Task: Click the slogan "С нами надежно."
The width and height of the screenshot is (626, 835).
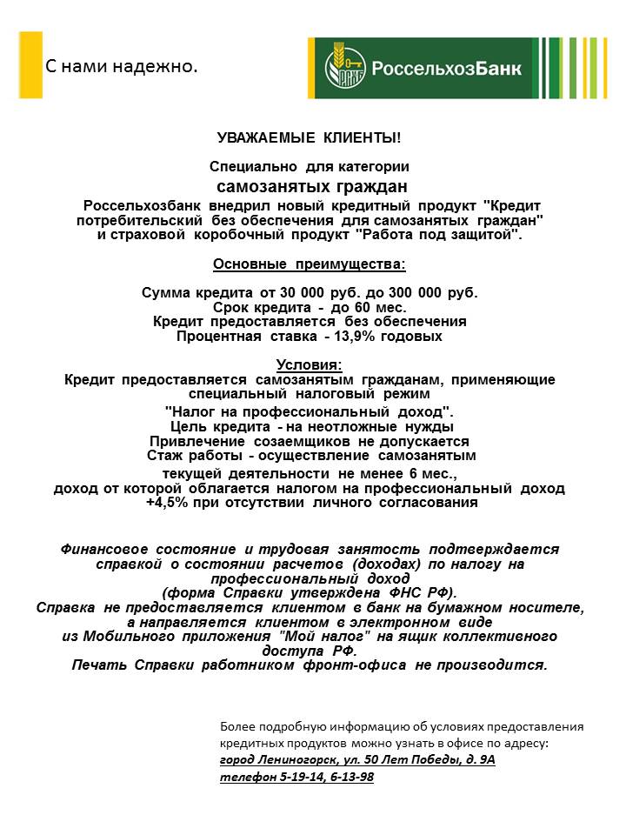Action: pos(122,66)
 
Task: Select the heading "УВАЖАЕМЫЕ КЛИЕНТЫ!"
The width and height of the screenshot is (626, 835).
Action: pos(310,138)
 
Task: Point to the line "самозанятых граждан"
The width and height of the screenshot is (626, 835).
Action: pos(312,186)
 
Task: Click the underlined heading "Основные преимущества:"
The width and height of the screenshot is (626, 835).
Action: pos(310,264)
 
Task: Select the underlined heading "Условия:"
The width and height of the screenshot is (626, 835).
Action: pos(310,364)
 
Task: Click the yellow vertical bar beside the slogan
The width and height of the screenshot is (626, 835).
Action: pos(30,65)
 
